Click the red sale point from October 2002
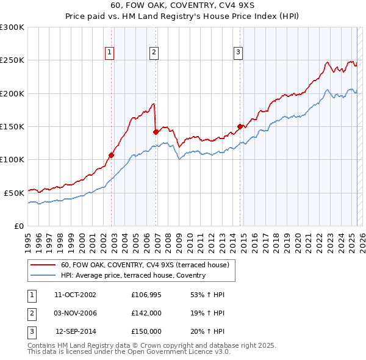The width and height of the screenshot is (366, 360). tap(112, 155)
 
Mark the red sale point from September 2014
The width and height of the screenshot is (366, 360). tap(240, 126)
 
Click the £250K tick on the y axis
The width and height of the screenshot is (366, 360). tap(12, 60)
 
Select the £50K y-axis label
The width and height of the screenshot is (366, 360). tap(13, 193)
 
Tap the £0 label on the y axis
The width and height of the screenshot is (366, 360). tap(18, 226)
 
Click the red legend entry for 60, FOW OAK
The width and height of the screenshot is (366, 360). tap(145, 265)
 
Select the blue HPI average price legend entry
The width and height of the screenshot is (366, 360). tap(133, 275)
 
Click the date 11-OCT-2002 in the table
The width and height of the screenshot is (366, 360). tap(76, 295)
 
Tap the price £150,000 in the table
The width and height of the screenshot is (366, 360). tap(146, 331)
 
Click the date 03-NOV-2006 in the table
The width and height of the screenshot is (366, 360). tap(76, 313)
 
